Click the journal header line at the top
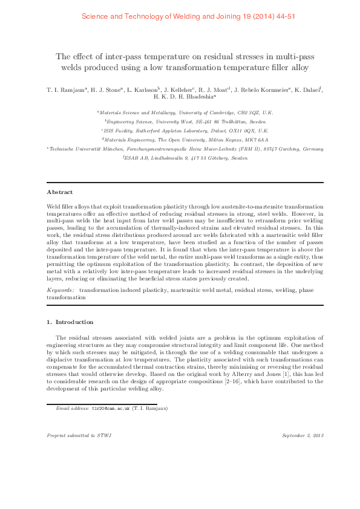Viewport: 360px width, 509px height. (180, 16)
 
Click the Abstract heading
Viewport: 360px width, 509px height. (59, 192)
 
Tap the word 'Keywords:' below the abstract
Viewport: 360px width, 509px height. (61, 291)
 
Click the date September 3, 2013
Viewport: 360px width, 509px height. (303, 435)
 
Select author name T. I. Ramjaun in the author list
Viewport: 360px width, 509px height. (66, 90)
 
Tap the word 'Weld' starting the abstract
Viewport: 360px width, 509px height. (53, 207)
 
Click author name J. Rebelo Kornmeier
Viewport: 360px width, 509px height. (262, 90)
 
